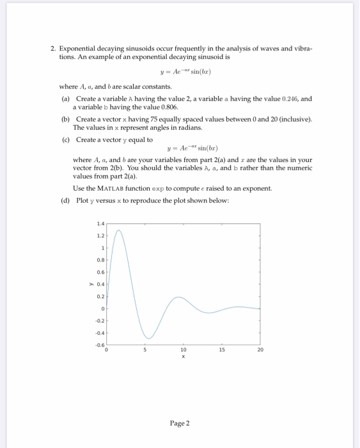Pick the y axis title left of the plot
coord(92,285)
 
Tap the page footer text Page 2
coord(179,423)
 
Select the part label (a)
coord(65,99)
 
